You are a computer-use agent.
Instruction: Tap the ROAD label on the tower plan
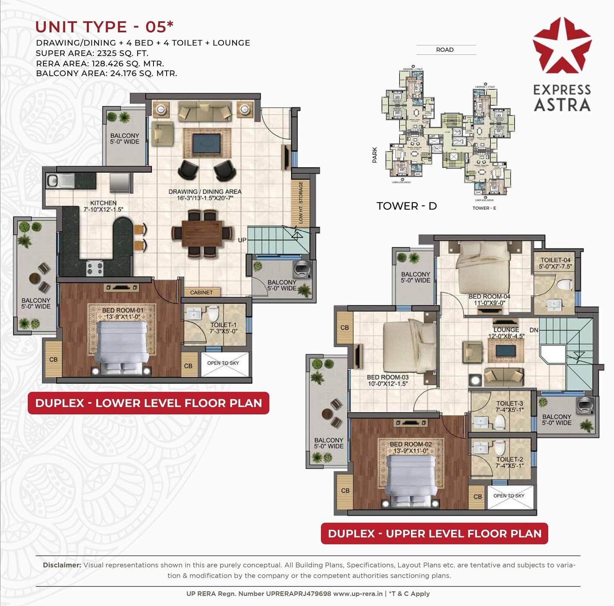coord(445,50)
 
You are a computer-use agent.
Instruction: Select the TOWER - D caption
coord(406,206)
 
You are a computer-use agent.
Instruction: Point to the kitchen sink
coord(59,180)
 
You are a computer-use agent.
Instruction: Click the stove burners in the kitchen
coord(95,269)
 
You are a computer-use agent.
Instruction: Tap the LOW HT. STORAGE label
coord(301,202)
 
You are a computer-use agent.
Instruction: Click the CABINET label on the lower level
coord(201,292)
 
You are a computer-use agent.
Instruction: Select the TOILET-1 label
coord(223,328)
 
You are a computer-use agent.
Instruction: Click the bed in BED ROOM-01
coord(122,346)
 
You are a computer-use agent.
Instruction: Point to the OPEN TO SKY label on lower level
coord(223,363)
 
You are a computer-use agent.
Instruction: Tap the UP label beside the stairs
coord(242,240)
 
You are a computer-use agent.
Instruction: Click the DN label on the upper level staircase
coord(534,330)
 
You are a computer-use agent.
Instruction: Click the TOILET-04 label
coord(555,263)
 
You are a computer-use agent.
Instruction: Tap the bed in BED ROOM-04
coord(484,266)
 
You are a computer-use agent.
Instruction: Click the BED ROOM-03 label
coord(387,380)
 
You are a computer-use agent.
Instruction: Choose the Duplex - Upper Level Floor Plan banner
coord(434,534)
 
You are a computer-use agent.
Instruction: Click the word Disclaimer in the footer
coord(62,565)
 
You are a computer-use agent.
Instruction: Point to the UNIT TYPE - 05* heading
coord(104,27)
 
